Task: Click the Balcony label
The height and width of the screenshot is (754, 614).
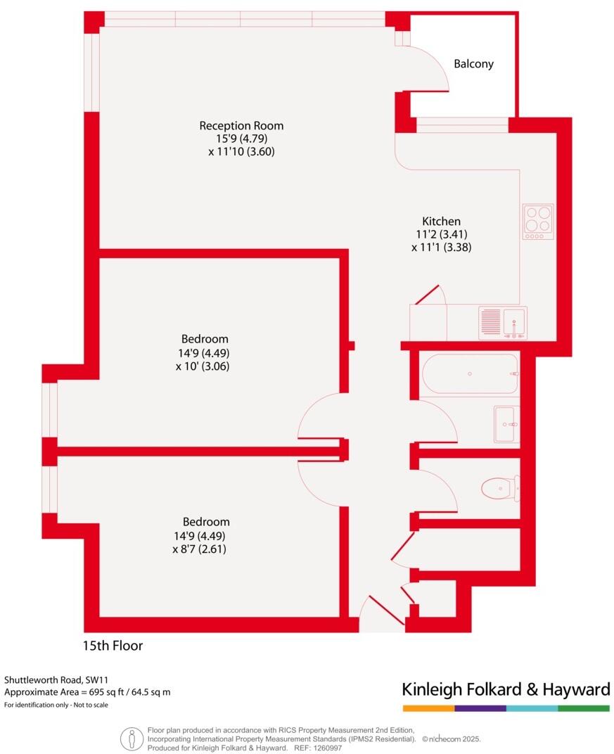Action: (473, 64)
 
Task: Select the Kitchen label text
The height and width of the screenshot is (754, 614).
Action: (441, 221)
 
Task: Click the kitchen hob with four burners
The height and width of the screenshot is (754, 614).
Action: (538, 222)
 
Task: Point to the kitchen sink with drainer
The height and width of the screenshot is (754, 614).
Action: (503, 323)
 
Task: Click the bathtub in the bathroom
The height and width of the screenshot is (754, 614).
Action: (470, 374)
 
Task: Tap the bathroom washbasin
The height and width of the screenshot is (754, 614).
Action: (506, 424)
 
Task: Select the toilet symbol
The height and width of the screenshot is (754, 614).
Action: (500, 487)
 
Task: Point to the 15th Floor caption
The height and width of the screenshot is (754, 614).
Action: (113, 645)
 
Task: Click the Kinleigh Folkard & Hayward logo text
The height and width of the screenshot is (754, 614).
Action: (505, 689)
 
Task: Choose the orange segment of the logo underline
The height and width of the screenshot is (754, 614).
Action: (428, 708)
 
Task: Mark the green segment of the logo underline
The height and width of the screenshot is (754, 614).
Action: (584, 708)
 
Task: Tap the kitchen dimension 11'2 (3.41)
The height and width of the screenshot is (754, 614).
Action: (441, 234)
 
